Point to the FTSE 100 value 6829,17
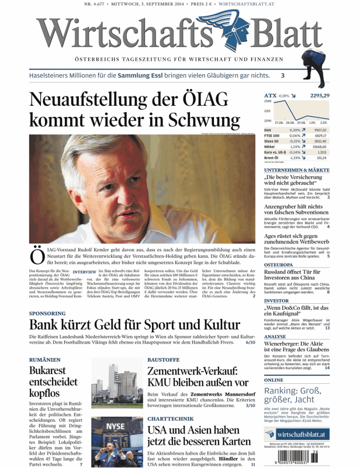pos(321,135)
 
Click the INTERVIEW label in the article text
pos(84,272)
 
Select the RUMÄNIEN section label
pos(46,359)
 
